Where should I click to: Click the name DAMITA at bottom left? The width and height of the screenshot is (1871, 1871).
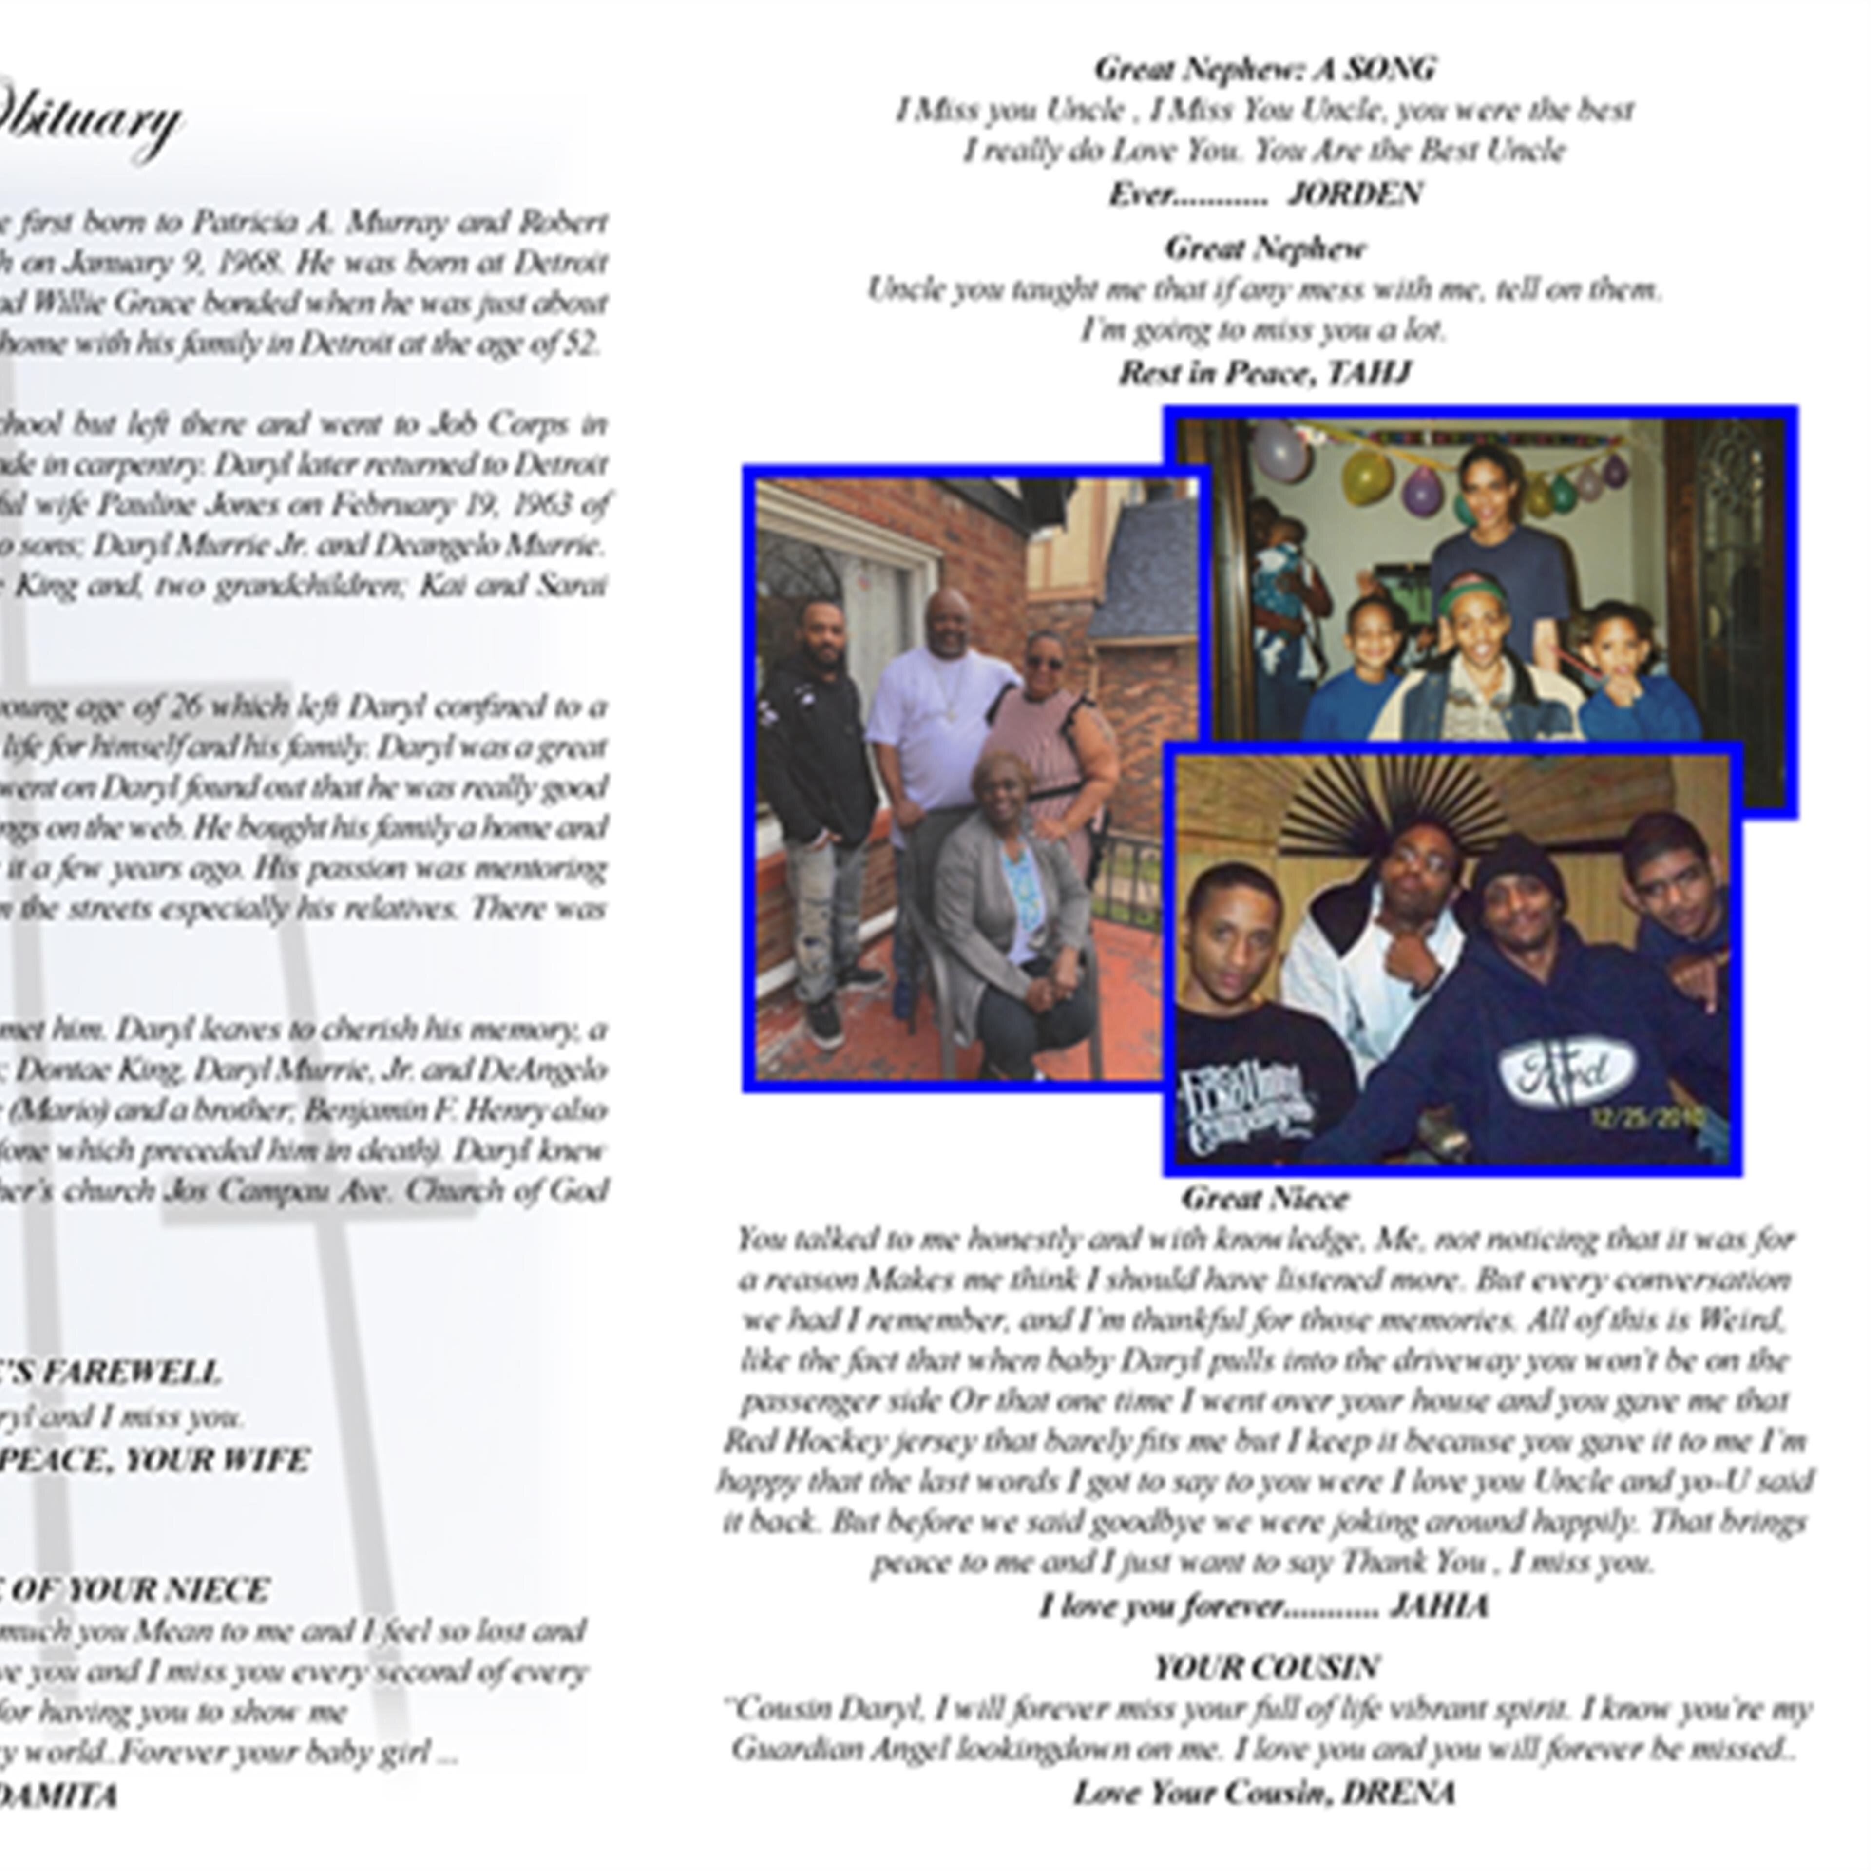point(58,1796)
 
